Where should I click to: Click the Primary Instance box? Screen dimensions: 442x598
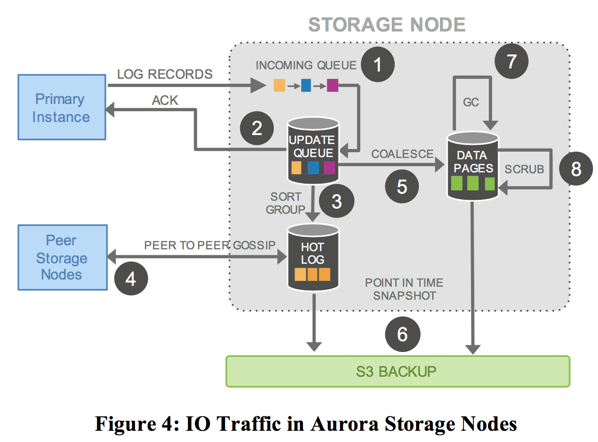pyautogui.click(x=62, y=108)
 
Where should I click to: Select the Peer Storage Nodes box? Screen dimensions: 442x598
pyautogui.click(x=63, y=257)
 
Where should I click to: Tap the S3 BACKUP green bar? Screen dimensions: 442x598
pyautogui.click(x=398, y=371)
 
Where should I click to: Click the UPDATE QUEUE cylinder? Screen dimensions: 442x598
pyautogui.click(x=313, y=151)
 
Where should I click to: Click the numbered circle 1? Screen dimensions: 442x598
pyautogui.click(x=377, y=64)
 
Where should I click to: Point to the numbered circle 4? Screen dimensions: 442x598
pyautogui.click(x=131, y=279)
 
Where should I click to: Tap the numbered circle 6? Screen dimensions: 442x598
pyautogui.click(x=402, y=334)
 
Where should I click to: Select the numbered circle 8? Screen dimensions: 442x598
pyautogui.click(x=575, y=169)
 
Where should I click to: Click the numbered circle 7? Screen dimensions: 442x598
pyautogui.click(x=511, y=61)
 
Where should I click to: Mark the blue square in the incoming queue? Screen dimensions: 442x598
pyautogui.click(x=306, y=85)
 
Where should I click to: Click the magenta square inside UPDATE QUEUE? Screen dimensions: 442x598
pyautogui.click(x=329, y=168)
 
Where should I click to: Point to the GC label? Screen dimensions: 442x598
pyautogui.click(x=471, y=102)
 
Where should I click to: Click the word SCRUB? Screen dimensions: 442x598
pyautogui.click(x=524, y=169)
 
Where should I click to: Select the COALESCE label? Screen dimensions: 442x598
pyautogui.click(x=402, y=154)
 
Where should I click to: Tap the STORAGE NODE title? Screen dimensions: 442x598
pyautogui.click(x=386, y=25)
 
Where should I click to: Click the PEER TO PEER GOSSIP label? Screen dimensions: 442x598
pyautogui.click(x=210, y=245)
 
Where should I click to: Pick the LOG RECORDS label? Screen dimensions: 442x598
pyautogui.click(x=165, y=74)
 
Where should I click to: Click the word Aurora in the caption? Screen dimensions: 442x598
pyautogui.click(x=344, y=424)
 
